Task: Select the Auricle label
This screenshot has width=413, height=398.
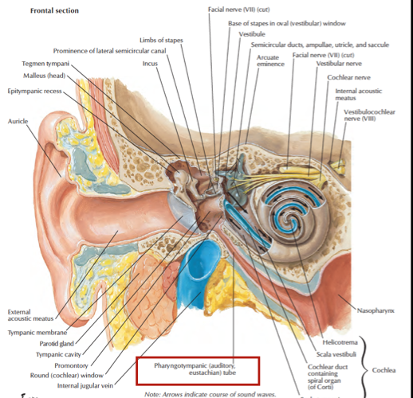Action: click(x=18, y=121)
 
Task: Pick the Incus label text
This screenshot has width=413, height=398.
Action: click(x=150, y=63)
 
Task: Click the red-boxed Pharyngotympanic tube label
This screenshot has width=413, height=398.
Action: click(x=196, y=369)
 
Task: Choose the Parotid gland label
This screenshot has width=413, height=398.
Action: click(x=57, y=344)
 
